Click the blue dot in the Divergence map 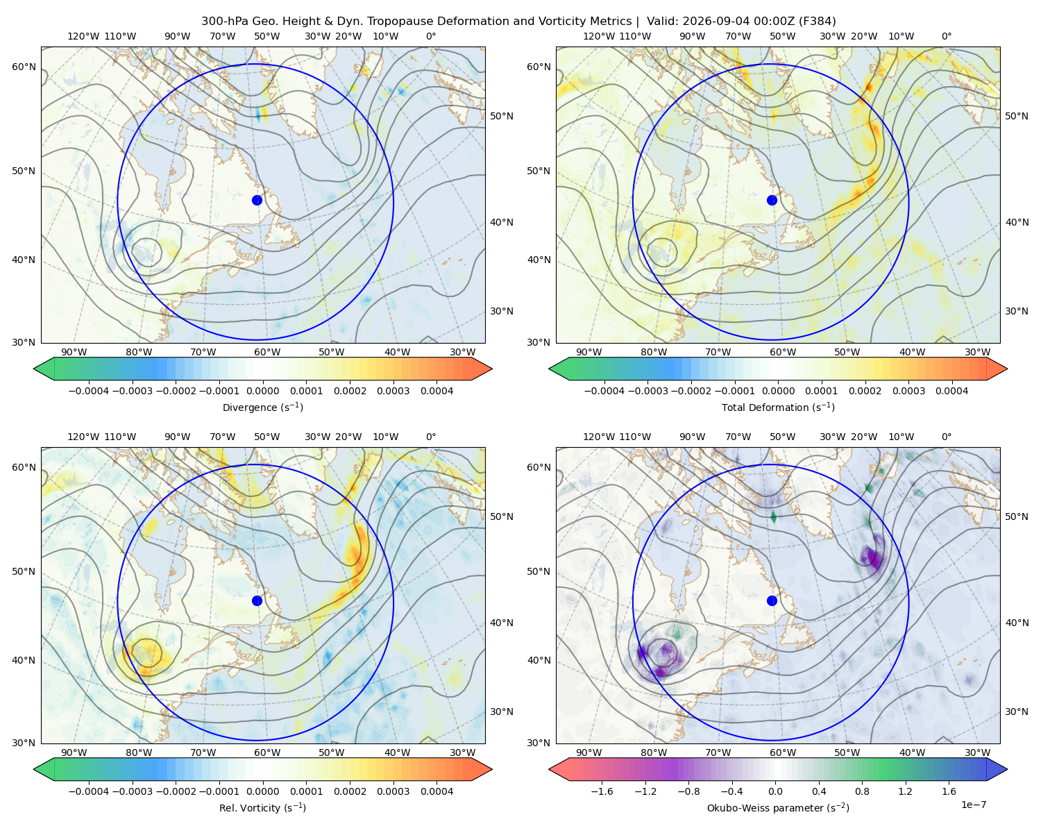(257, 200)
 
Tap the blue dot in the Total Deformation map (772, 200)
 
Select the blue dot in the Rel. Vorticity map (257, 600)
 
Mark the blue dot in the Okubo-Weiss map (772, 600)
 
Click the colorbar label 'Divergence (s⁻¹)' (262, 407)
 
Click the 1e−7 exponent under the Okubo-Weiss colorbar (973, 805)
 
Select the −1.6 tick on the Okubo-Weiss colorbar (602, 791)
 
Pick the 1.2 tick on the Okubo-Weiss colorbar (905, 791)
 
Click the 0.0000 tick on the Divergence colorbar (262, 391)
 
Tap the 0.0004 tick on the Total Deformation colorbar (951, 391)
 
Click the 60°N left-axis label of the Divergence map (24, 67)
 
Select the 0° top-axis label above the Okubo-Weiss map (946, 437)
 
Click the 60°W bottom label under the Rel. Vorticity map (267, 752)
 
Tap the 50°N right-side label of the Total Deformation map (1017, 116)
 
